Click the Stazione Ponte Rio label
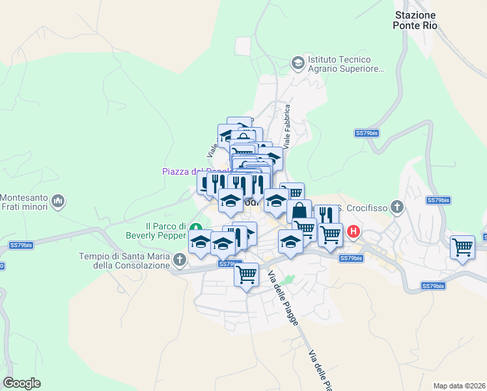(x=415, y=20)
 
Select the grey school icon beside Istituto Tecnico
(x=298, y=63)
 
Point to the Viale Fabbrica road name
(x=286, y=125)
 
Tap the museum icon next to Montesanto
(x=59, y=201)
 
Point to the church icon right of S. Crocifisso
(x=398, y=209)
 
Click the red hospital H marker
(x=354, y=231)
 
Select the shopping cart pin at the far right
(x=462, y=247)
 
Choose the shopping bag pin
(x=299, y=211)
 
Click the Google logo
(x=21, y=383)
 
